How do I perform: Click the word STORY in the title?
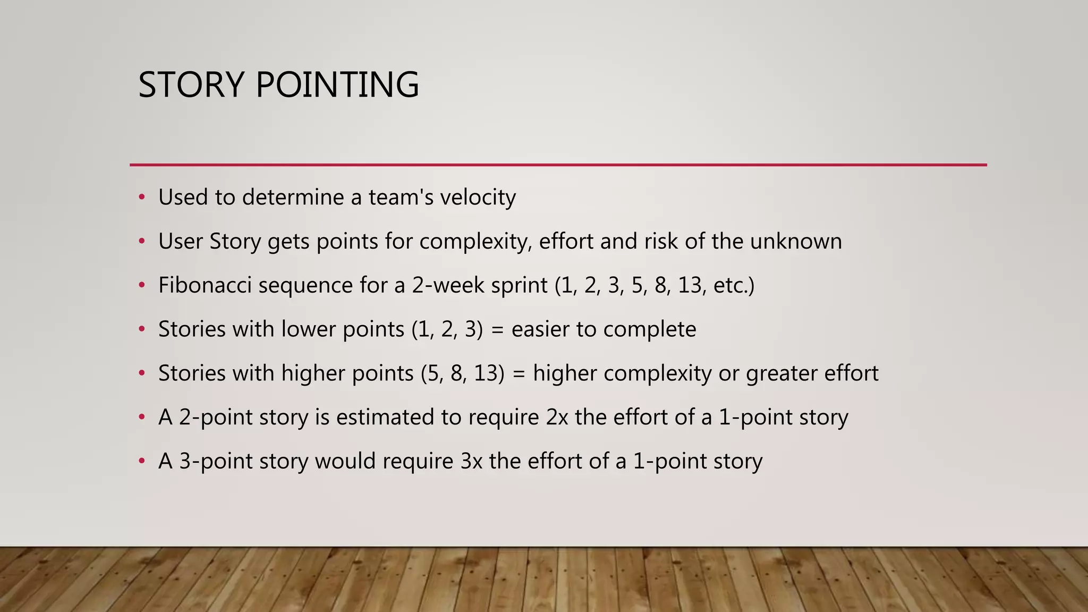(191, 85)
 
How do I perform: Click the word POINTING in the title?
(337, 85)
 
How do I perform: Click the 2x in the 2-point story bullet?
(557, 417)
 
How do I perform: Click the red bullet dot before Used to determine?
(141, 198)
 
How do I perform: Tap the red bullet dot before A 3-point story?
(141, 461)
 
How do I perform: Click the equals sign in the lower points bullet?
(497, 330)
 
